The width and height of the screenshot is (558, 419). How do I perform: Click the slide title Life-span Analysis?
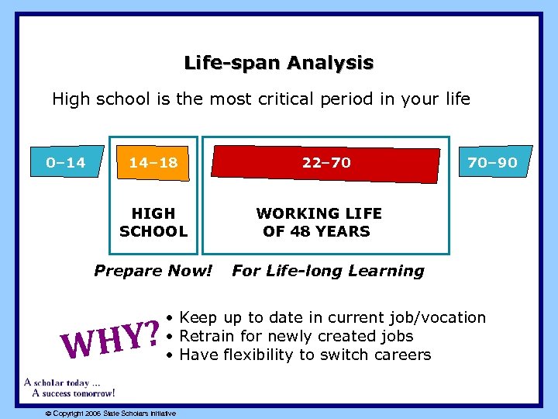[278, 63]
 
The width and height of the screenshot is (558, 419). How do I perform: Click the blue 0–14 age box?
[65, 163]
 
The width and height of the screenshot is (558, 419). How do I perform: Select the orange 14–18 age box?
[153, 163]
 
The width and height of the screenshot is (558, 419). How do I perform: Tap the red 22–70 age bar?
[326, 163]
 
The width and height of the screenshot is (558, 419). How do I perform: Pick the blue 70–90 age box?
[492, 163]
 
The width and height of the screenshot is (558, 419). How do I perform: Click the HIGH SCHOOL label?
[153, 222]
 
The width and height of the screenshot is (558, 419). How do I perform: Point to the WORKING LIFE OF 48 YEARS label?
[319, 222]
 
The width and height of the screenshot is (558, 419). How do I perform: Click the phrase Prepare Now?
[153, 271]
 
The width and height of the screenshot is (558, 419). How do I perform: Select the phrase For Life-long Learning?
[328, 271]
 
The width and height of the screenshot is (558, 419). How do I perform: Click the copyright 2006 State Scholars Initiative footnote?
[110, 413]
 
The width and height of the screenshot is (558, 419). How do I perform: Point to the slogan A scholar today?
[62, 383]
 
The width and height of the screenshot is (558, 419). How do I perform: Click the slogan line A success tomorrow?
[74, 393]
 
